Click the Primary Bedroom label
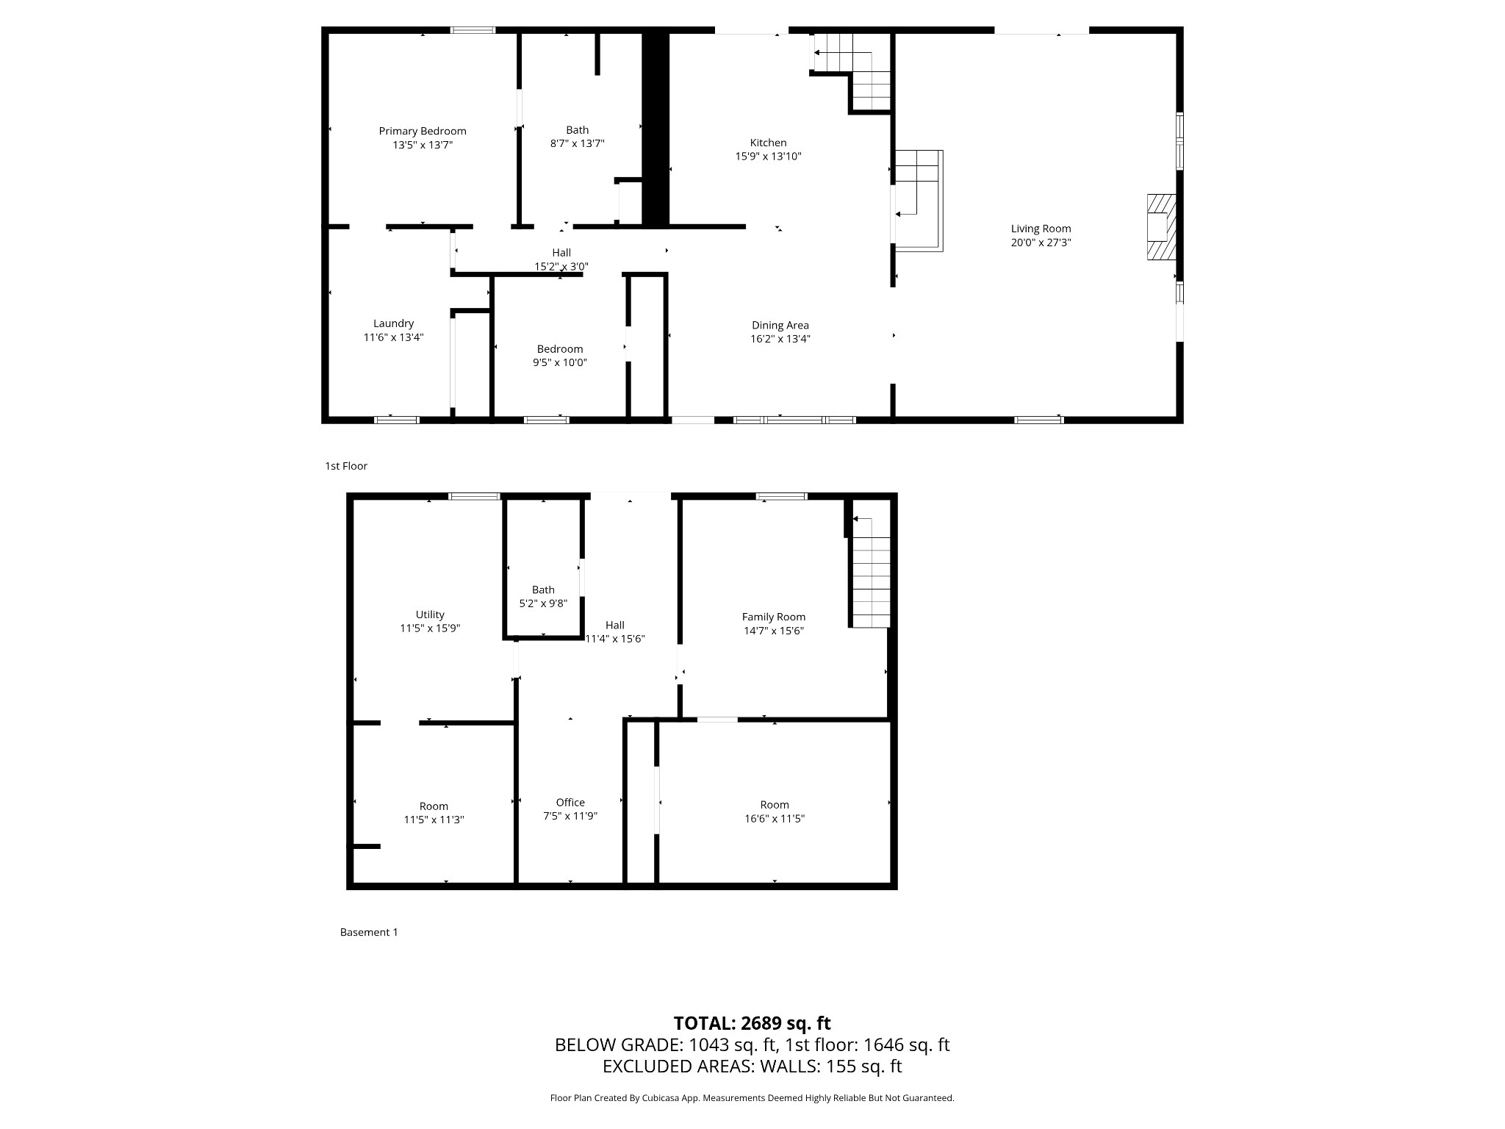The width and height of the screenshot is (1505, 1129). point(423,132)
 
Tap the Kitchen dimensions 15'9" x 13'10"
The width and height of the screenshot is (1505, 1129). point(768,157)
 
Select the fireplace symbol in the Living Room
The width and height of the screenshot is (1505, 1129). point(1160,226)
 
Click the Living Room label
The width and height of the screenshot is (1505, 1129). point(1041,229)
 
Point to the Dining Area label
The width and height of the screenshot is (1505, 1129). point(780,326)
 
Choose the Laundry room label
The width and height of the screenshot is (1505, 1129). point(393,323)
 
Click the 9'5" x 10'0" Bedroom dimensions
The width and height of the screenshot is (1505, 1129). point(560,362)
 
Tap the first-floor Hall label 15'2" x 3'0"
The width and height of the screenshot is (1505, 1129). point(561,259)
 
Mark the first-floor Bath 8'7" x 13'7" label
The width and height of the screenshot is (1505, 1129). point(577,137)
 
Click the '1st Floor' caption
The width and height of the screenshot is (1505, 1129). point(346,466)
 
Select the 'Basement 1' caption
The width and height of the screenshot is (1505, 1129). point(369,932)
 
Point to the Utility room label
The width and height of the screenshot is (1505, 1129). point(430,614)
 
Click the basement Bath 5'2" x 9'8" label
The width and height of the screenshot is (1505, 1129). point(543,596)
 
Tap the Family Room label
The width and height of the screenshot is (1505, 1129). point(773,617)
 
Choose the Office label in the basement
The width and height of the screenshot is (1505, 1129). point(570,803)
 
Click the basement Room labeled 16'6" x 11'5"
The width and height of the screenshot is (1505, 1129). point(775,811)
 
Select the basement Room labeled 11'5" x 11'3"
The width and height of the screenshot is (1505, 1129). point(434,813)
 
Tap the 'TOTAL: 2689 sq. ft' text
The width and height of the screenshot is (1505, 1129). point(752,1023)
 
